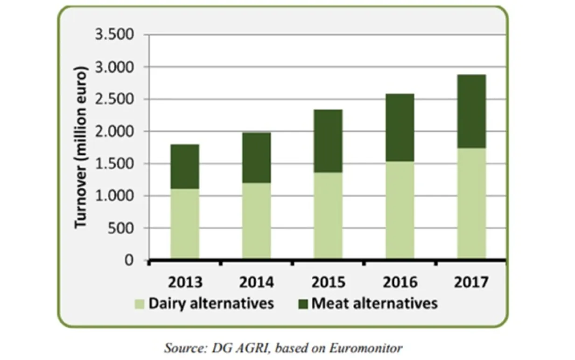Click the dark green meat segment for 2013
185,166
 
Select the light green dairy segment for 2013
185,223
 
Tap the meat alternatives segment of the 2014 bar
256,158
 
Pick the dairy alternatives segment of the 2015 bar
328,215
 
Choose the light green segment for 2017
471,203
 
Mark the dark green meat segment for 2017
471,111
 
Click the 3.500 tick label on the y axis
114,35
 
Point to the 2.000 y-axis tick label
114,132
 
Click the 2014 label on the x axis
256,283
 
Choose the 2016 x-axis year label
400,283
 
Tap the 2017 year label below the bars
471,283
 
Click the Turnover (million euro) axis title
81,147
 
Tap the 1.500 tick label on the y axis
114,164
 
